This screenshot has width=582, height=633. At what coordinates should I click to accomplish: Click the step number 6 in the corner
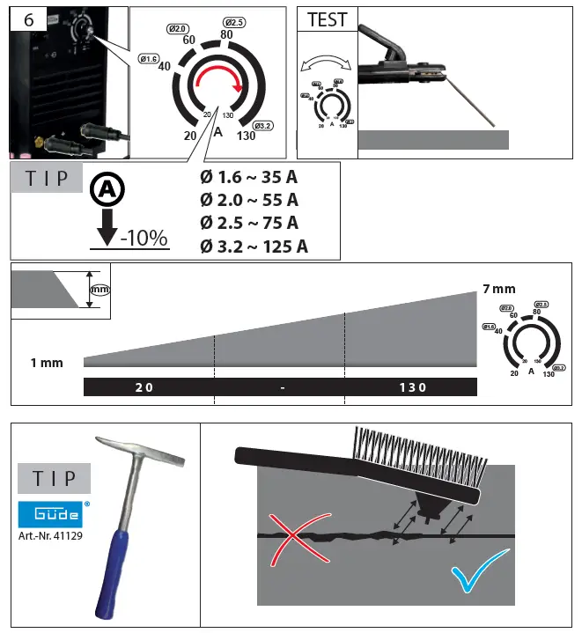(x=28, y=18)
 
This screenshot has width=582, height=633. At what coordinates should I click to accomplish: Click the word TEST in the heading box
(x=327, y=19)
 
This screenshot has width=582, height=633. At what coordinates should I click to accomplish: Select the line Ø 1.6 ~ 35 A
(x=248, y=177)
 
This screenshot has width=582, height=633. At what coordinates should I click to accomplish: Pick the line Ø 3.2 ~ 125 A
(x=254, y=246)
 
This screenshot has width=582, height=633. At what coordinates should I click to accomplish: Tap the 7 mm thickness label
(x=498, y=289)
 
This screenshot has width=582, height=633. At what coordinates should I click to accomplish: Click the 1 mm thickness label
(x=46, y=363)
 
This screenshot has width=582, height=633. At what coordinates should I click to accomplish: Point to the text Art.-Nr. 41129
(x=51, y=534)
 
